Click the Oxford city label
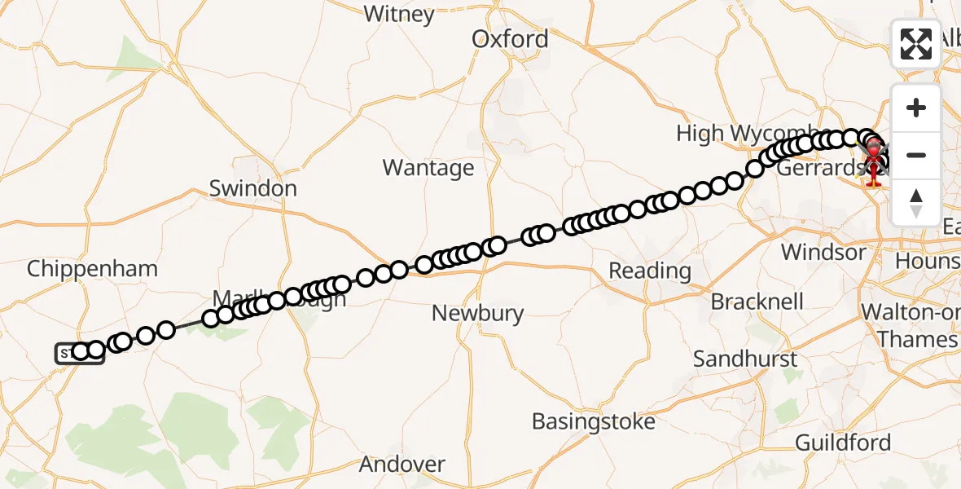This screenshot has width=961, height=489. tap(511, 39)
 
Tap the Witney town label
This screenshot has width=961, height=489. tap(399, 14)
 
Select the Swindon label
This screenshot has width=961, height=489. tap(252, 188)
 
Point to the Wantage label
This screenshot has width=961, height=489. tap(428, 168)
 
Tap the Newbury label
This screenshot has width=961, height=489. tap(477, 313)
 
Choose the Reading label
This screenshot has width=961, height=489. tap(650, 270)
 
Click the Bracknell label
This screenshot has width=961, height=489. tap(757, 302)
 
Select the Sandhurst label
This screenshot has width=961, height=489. tap(748, 359)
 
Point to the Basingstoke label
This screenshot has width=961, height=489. tap(594, 421)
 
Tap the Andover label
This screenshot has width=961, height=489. tap(402, 465)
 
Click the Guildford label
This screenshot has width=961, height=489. tap(843, 443)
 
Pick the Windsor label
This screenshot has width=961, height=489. tap(824, 252)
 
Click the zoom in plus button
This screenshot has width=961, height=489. tap(916, 108)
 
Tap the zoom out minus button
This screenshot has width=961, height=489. tap(916, 155)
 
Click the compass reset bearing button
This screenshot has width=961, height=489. tap(916, 202)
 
